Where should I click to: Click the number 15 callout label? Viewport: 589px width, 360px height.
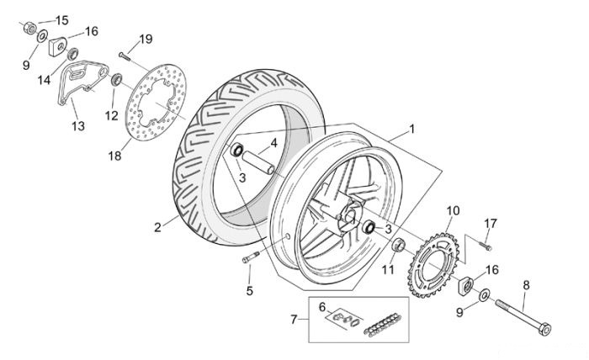tap(62, 20)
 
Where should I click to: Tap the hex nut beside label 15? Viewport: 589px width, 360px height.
tap(29, 28)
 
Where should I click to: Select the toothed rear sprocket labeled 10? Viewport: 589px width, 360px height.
tap(433, 265)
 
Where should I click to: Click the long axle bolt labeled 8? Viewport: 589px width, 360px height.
tap(523, 317)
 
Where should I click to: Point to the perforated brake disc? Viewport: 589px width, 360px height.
tap(156, 102)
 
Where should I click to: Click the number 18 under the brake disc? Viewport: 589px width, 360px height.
tap(114, 156)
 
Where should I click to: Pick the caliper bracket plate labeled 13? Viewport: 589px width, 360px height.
tap(81, 83)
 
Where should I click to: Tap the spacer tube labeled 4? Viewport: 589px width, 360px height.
tap(258, 161)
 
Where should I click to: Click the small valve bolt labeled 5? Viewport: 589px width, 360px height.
tap(251, 257)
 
